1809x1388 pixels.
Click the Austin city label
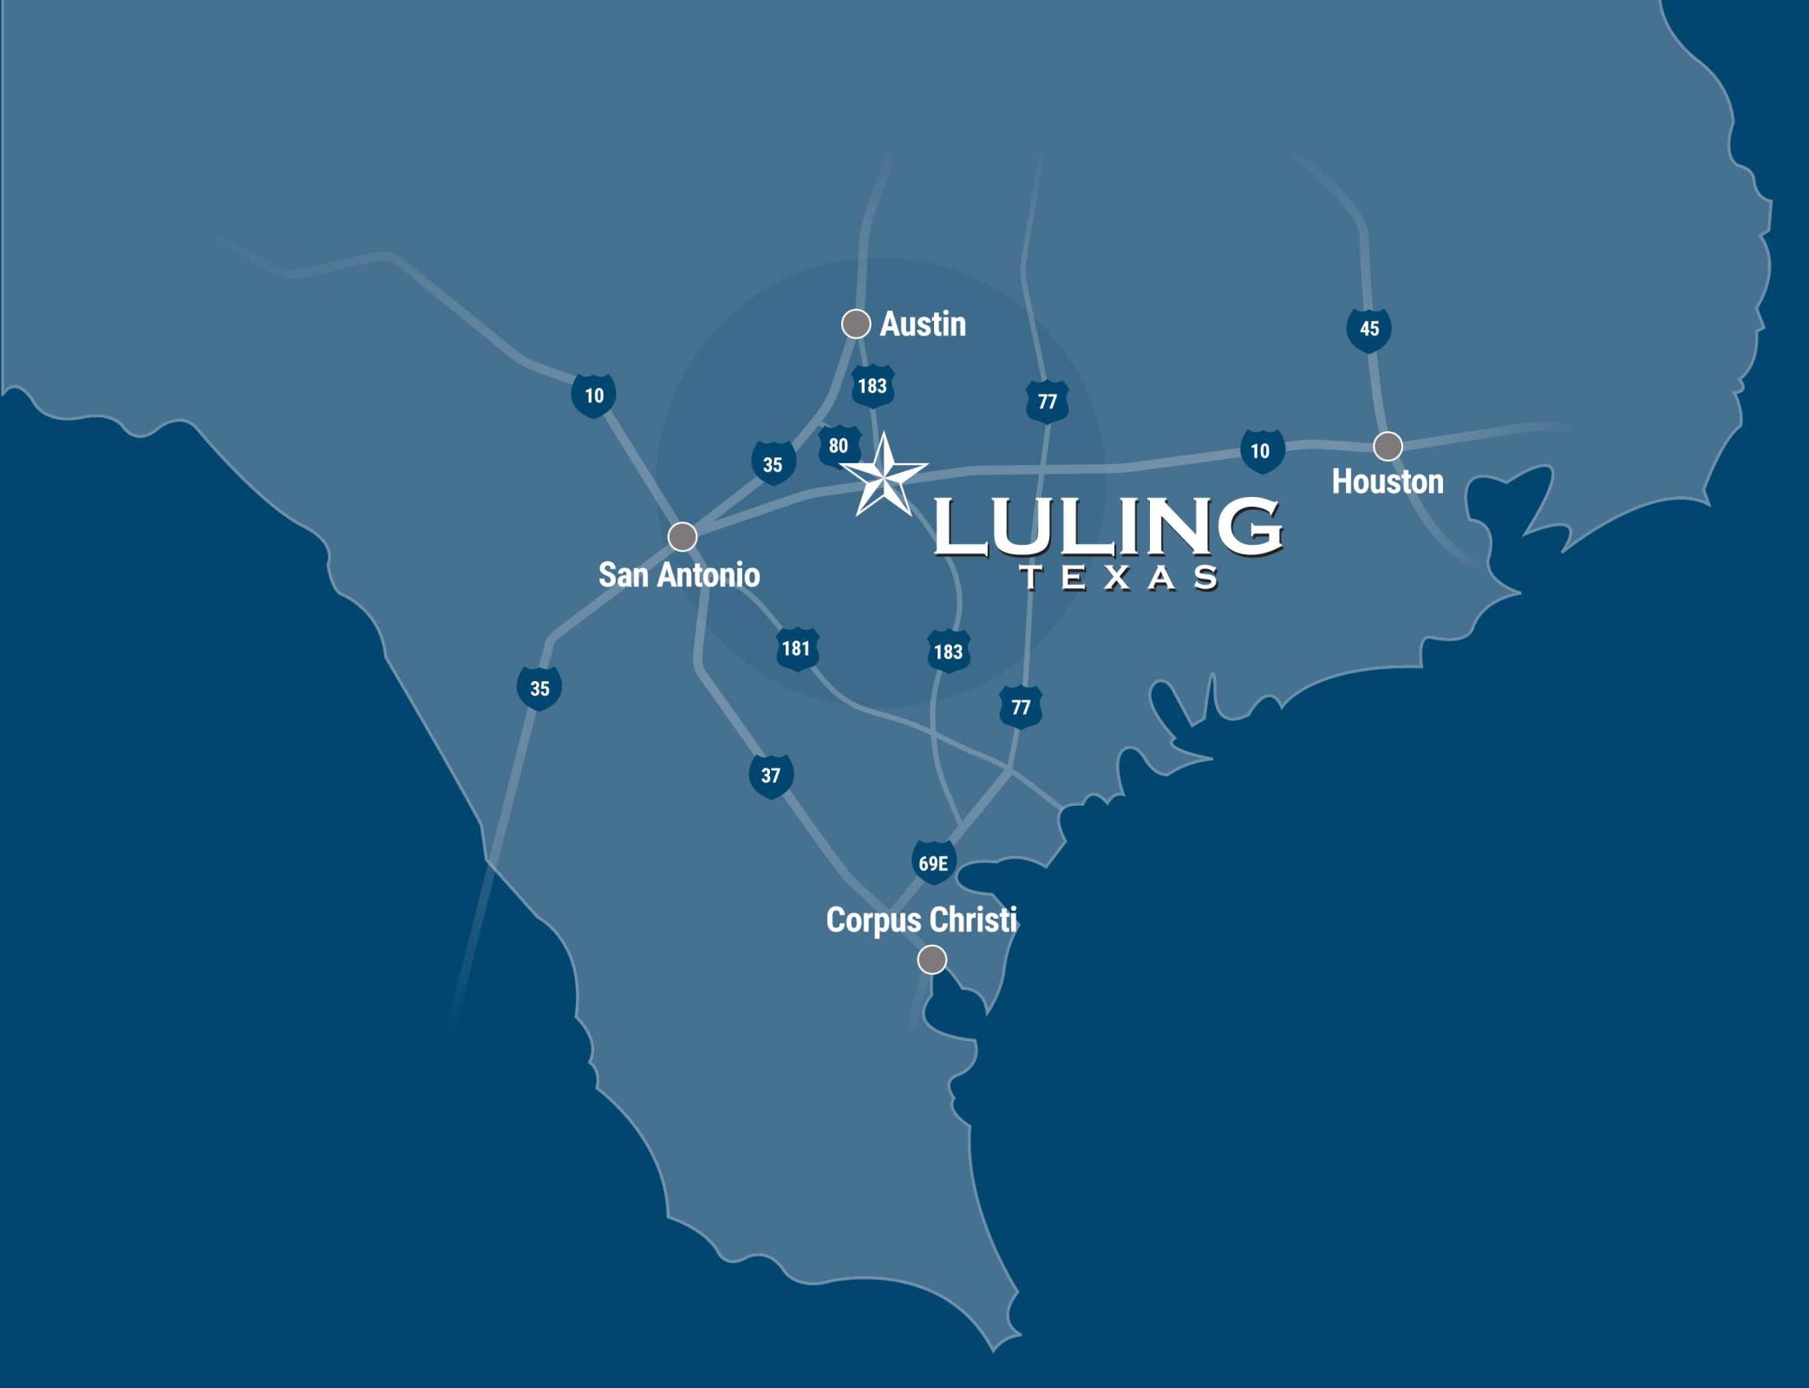[923, 324]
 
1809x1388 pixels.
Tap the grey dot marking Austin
[856, 324]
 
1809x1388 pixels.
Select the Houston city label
[1388, 481]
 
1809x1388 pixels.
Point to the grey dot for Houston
[1388, 446]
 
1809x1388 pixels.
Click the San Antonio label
[679, 574]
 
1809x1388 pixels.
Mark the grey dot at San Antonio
[682, 536]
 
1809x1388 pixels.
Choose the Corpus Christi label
[921, 920]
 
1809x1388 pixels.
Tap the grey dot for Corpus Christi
[932, 959]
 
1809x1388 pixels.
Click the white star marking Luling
[884, 475]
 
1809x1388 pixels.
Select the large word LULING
[1107, 527]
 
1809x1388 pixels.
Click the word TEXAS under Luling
[1120, 578]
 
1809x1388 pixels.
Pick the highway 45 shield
[1368, 330]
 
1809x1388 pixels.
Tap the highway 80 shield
[839, 447]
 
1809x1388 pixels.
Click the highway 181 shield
[796, 649]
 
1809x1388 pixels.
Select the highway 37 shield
[771, 776]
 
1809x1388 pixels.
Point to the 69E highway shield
[933, 863]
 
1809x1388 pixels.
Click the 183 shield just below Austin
[872, 387]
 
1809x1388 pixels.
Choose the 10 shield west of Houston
[1261, 451]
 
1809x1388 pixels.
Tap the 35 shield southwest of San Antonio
[539, 689]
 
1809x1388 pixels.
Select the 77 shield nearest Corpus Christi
[1021, 708]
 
